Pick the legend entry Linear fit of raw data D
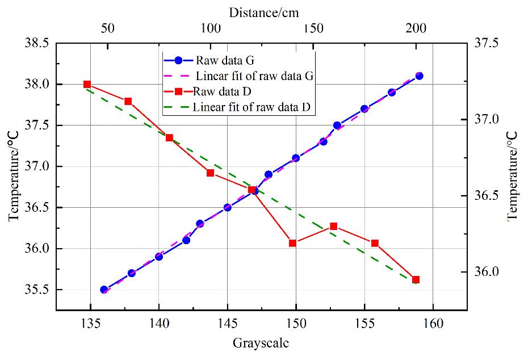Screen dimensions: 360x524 point(254,107)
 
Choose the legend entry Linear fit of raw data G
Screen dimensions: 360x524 point(255,75)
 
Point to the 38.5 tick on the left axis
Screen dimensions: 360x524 point(36,43)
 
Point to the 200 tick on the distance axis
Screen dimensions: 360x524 point(416,28)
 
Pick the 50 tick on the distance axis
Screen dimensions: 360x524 point(107,28)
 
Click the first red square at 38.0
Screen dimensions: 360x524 point(87,84)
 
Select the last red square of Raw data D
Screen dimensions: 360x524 point(416,280)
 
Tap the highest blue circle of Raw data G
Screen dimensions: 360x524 point(419,76)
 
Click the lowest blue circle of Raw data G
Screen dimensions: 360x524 point(104,290)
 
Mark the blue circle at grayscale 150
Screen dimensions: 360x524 point(296,158)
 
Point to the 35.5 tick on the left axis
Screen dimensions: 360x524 point(36,290)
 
